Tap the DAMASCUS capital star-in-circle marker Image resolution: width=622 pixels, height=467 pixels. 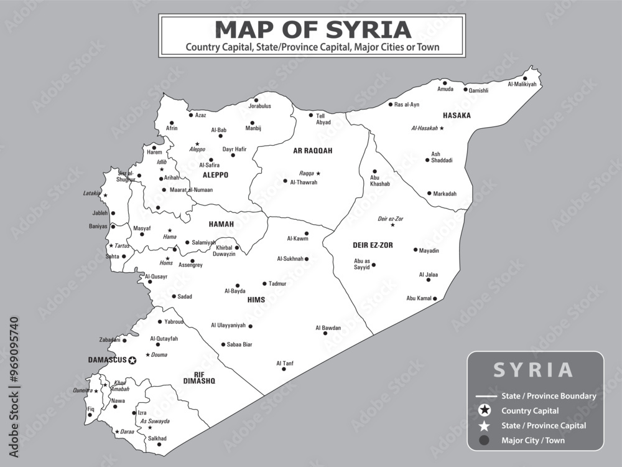click(x=132, y=360)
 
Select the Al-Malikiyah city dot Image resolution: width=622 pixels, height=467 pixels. click(x=525, y=78)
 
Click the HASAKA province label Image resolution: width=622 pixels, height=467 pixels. click(x=457, y=116)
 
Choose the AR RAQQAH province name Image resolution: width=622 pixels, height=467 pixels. click(x=313, y=151)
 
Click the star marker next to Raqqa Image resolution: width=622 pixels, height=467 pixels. click(x=318, y=174)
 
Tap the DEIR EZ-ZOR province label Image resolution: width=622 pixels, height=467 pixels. click(x=373, y=245)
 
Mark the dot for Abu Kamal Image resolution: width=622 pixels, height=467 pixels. click(x=435, y=299)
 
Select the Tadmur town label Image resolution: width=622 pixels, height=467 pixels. click(x=277, y=284)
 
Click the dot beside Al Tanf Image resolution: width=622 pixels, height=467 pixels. click(x=284, y=369)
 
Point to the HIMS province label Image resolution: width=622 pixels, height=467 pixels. click(x=256, y=300)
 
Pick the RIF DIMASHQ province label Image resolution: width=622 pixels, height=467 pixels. click(x=199, y=377)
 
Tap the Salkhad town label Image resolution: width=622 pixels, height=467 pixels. click(x=157, y=438)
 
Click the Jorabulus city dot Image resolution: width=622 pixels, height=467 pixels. click(x=256, y=100)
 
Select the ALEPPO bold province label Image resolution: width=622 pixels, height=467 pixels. click(x=215, y=176)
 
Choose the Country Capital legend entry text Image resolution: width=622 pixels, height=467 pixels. click(x=530, y=411)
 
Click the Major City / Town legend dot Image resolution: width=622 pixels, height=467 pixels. click(x=485, y=441)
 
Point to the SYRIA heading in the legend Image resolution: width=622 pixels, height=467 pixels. click(x=534, y=370)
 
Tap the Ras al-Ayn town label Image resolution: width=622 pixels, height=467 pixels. click(x=407, y=105)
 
